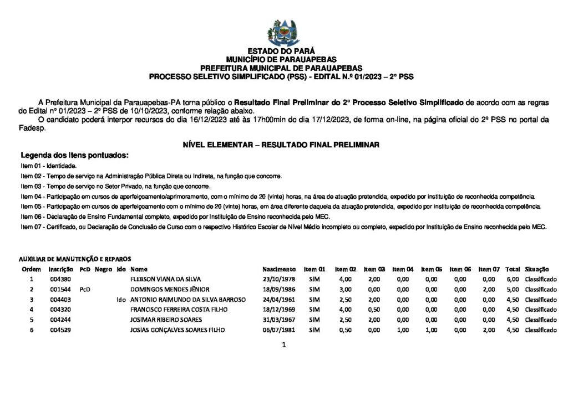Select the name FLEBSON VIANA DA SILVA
click(x=165, y=279)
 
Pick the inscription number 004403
click(x=59, y=300)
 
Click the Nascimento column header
click(x=279, y=269)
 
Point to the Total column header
click(x=513, y=269)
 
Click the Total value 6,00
click(x=513, y=279)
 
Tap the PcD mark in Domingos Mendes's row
click(x=84, y=289)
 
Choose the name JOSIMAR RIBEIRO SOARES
click(x=166, y=320)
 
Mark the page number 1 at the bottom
click(x=283, y=345)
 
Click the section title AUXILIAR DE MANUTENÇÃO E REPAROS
click(x=75, y=259)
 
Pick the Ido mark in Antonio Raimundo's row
click(x=121, y=300)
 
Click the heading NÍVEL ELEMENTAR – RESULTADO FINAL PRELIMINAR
click(x=281, y=145)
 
